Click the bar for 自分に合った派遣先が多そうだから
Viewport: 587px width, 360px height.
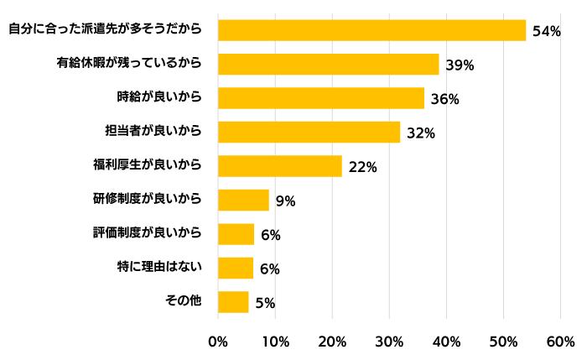click(x=371, y=30)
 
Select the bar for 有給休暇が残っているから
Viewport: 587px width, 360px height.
click(x=329, y=64)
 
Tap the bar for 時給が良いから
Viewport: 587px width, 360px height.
click(x=321, y=98)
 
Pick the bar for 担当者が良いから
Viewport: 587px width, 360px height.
click(x=309, y=132)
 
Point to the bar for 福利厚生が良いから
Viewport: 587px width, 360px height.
click(x=280, y=166)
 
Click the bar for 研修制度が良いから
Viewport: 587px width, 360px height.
click(x=243, y=200)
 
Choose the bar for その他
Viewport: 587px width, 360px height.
click(x=233, y=301)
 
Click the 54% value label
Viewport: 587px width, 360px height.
click(x=546, y=31)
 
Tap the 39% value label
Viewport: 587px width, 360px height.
click(x=460, y=65)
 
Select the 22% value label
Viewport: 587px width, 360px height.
click(x=362, y=167)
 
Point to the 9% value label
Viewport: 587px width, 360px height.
click(x=285, y=201)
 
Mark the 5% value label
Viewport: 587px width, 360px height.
click(x=265, y=303)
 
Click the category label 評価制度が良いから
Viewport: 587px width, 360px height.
click(x=147, y=232)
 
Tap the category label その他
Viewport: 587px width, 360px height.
click(x=184, y=300)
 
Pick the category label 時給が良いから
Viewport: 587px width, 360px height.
click(x=159, y=97)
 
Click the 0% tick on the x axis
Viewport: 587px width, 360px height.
click(x=218, y=342)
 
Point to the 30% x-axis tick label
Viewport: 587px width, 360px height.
click(x=389, y=342)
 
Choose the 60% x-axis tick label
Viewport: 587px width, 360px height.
click(x=560, y=342)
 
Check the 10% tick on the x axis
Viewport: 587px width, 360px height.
click(x=275, y=342)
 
